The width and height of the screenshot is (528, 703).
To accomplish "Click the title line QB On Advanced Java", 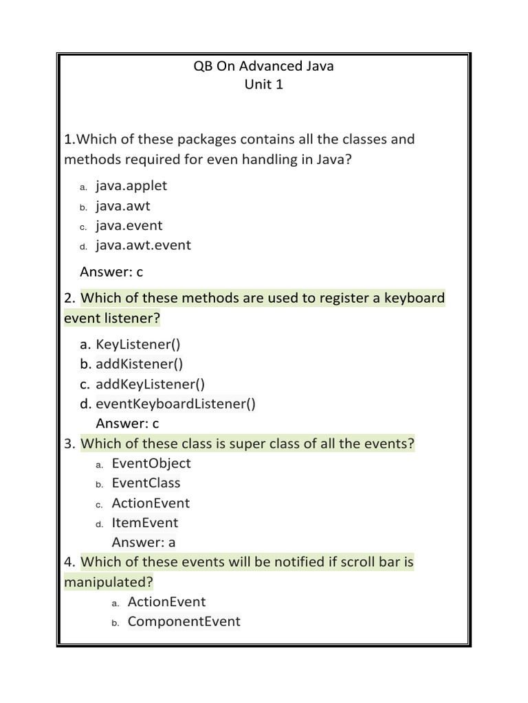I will click(x=264, y=67).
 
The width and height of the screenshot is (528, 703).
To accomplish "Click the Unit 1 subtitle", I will click(x=264, y=86).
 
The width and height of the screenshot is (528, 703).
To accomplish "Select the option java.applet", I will click(x=131, y=185).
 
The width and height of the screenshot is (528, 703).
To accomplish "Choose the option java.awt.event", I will click(x=143, y=245).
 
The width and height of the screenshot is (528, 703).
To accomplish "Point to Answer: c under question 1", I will click(x=111, y=272).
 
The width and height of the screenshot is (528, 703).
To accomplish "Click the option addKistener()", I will click(x=140, y=364).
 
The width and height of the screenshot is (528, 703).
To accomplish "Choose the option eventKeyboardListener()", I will click(x=175, y=404).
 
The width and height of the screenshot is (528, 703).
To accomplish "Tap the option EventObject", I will click(x=151, y=463).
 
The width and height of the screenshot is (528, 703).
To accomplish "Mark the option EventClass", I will click(x=146, y=483).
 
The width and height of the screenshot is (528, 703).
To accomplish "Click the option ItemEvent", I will click(x=144, y=522).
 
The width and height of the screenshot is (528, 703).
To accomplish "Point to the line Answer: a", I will click(x=144, y=542).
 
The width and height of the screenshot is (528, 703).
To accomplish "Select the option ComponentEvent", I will click(x=184, y=621).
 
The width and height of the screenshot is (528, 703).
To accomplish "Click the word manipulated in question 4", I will click(x=108, y=582).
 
